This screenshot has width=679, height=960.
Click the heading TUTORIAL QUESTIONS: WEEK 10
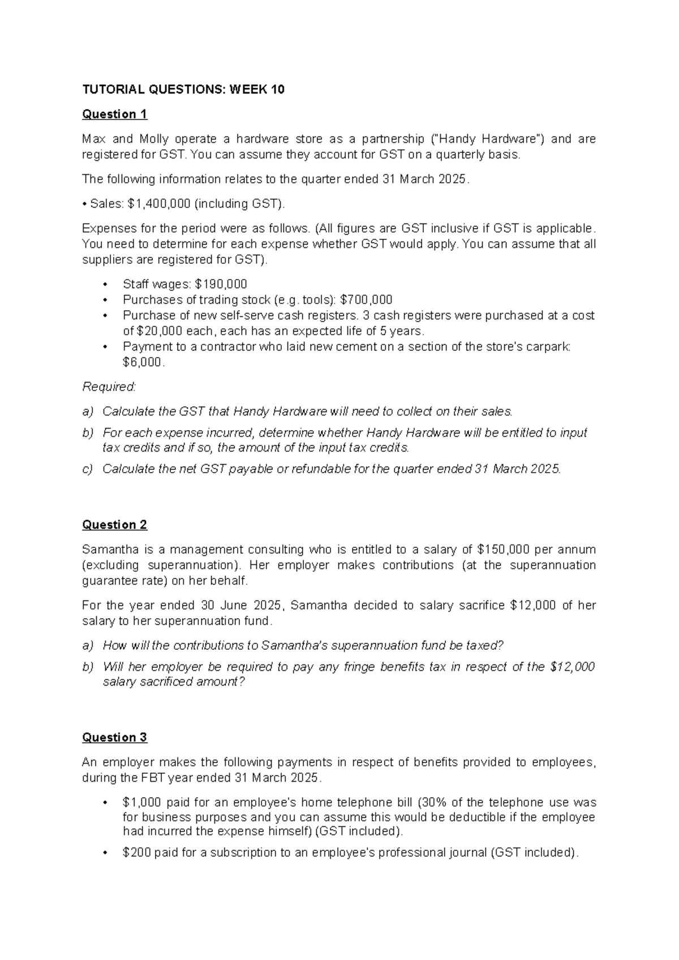click(183, 89)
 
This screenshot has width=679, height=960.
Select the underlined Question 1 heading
click(114, 114)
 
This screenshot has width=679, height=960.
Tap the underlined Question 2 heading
click(114, 525)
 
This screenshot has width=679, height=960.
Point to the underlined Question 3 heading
click(114, 738)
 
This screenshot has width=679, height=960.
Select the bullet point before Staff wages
click(104, 284)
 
